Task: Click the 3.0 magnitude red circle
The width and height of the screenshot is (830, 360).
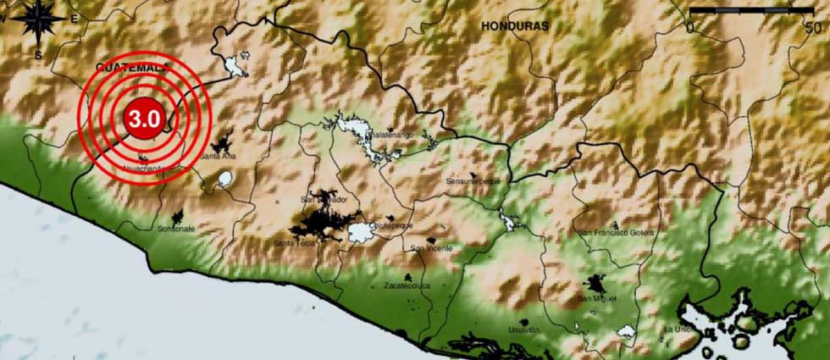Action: click(142, 119)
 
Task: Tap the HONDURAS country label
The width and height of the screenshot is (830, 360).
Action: click(515, 26)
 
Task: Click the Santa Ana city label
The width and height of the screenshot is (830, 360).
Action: click(218, 157)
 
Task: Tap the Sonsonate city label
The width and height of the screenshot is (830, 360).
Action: click(176, 229)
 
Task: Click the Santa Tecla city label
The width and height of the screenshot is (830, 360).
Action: click(294, 244)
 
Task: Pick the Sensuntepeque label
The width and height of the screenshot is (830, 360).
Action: click(473, 181)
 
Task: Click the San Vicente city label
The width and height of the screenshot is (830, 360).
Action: click(432, 248)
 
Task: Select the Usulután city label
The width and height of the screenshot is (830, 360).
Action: click(523, 330)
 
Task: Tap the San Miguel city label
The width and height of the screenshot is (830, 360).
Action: click(597, 299)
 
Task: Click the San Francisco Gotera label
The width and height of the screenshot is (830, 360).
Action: click(615, 231)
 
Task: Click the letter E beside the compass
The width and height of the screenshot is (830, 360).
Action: click(75, 19)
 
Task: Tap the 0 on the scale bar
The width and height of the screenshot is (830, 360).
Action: click(690, 27)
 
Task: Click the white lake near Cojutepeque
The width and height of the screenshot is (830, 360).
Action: click(362, 232)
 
